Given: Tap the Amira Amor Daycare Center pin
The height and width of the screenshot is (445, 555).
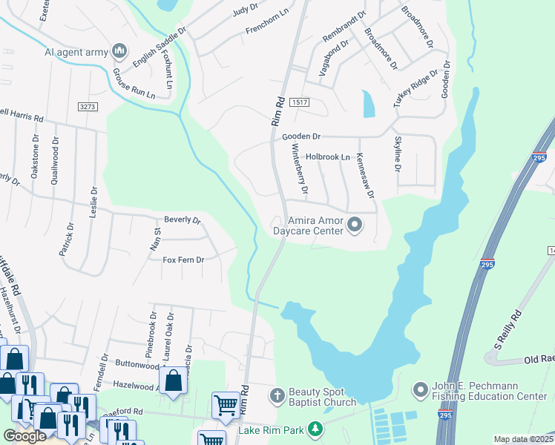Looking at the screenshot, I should pos(354,224).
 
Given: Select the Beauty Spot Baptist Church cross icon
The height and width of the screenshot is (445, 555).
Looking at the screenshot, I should pos(277,394).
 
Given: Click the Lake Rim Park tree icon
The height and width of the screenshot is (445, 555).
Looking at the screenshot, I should pos(317,429).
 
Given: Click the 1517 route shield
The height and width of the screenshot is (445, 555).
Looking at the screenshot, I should pos(299,102).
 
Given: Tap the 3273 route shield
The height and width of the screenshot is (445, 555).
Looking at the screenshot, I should pos(88,107).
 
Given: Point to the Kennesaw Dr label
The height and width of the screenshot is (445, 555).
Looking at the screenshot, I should pos(366,176).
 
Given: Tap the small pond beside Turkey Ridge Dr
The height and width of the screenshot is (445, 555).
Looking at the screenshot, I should pos(368,104).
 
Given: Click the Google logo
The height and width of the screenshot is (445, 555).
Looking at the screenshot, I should pos(24,436).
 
